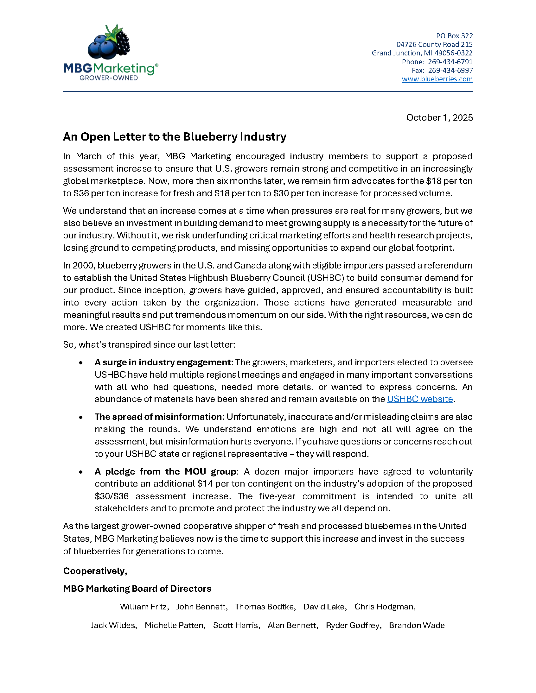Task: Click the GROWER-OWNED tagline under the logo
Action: click(x=109, y=78)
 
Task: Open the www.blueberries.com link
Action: click(x=437, y=79)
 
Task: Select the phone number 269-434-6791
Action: click(x=450, y=62)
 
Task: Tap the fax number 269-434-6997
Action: click(x=450, y=71)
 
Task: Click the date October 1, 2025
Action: click(x=439, y=118)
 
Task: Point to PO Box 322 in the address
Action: click(x=454, y=36)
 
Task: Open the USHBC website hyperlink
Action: click(x=420, y=399)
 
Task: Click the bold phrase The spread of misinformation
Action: click(x=158, y=417)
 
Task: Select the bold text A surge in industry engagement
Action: click(x=162, y=362)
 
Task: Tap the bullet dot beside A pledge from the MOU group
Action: click(x=81, y=472)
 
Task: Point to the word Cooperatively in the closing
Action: click(x=95, y=571)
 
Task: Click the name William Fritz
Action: click(x=144, y=607)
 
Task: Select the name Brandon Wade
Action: click(x=417, y=626)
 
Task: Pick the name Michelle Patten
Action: click(x=174, y=626)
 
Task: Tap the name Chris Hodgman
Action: click(x=384, y=607)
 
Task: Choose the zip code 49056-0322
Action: click(x=453, y=53)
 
